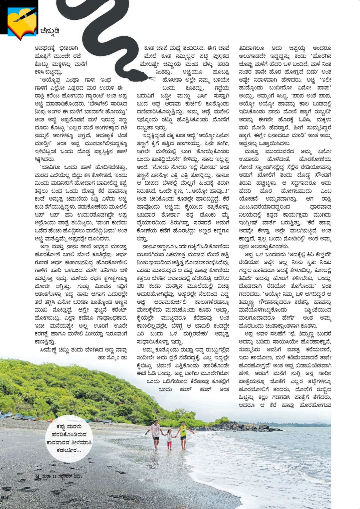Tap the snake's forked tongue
(x=152, y=79)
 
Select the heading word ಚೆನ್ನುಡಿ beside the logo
(x=50, y=31)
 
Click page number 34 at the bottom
(x=37, y=477)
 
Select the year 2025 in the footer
(x=78, y=476)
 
